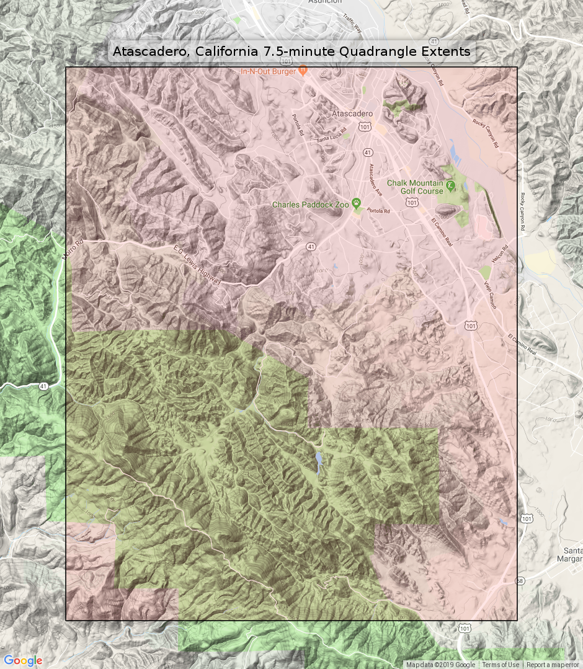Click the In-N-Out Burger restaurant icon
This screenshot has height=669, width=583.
[x=303, y=71]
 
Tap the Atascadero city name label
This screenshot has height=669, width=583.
[x=352, y=114]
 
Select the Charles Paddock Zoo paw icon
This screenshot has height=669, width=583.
[x=357, y=203]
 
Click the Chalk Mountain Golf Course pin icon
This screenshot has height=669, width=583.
[x=450, y=185]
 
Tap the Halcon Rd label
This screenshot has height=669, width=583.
[x=500, y=255]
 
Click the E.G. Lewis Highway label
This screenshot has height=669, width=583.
[x=197, y=265]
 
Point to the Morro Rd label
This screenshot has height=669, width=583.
[x=73, y=250]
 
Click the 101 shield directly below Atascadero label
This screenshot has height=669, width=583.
[x=365, y=127]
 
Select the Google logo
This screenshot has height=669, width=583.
[x=23, y=660]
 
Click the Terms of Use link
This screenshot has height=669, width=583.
[x=501, y=665]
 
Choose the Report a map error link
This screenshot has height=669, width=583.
[x=554, y=665]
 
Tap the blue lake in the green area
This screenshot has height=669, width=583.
[x=319, y=462]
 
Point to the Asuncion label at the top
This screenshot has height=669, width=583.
[x=324, y=2]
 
